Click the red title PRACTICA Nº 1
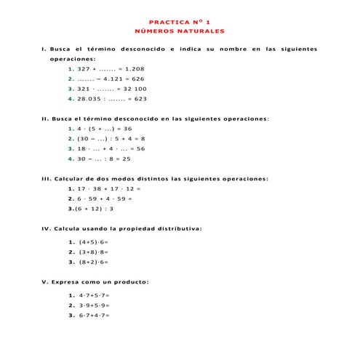point(179,22)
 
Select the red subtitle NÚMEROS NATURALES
point(179,31)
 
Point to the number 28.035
point(92,98)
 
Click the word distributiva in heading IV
point(177,228)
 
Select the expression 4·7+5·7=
point(94,295)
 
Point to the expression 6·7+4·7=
point(94,316)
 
